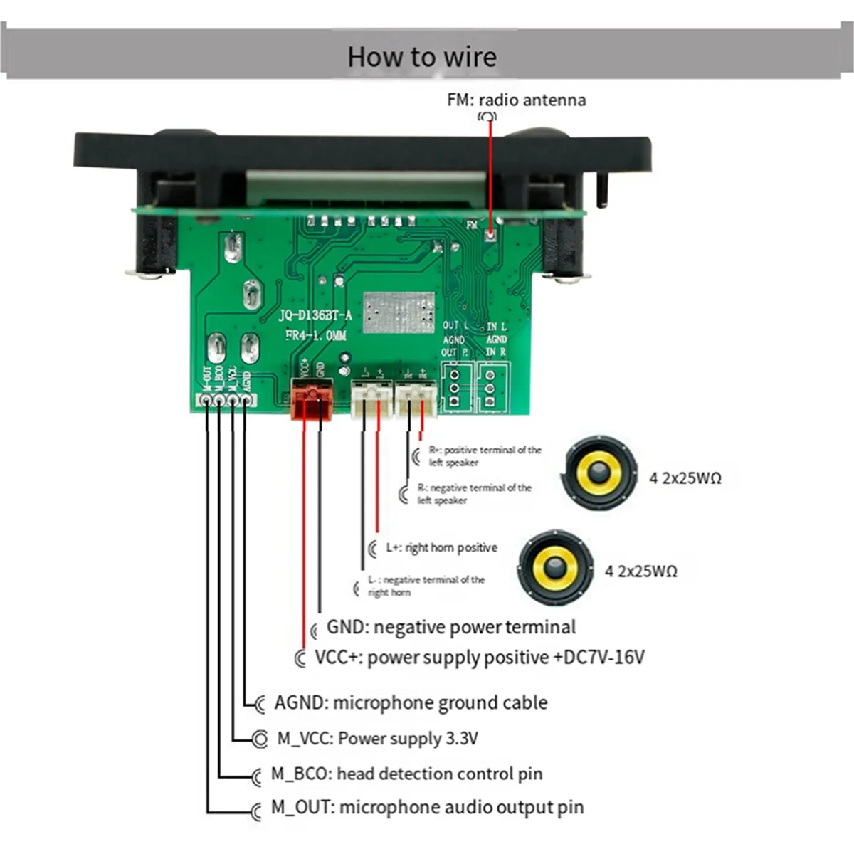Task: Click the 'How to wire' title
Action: [421, 57]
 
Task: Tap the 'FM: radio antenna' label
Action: [517, 100]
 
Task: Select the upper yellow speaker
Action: [599, 473]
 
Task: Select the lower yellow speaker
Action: [555, 567]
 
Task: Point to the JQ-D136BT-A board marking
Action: [315, 315]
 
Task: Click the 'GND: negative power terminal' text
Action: [450, 628]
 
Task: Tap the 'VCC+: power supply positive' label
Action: [479, 657]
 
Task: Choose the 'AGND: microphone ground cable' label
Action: [411, 703]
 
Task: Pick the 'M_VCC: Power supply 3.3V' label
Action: [377, 739]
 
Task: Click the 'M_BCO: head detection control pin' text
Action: [406, 774]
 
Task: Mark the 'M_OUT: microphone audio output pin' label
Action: [427, 808]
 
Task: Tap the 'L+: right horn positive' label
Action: [441, 548]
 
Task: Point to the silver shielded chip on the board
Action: [399, 312]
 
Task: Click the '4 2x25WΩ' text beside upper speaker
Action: [685, 478]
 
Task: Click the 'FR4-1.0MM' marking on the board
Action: [316, 335]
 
